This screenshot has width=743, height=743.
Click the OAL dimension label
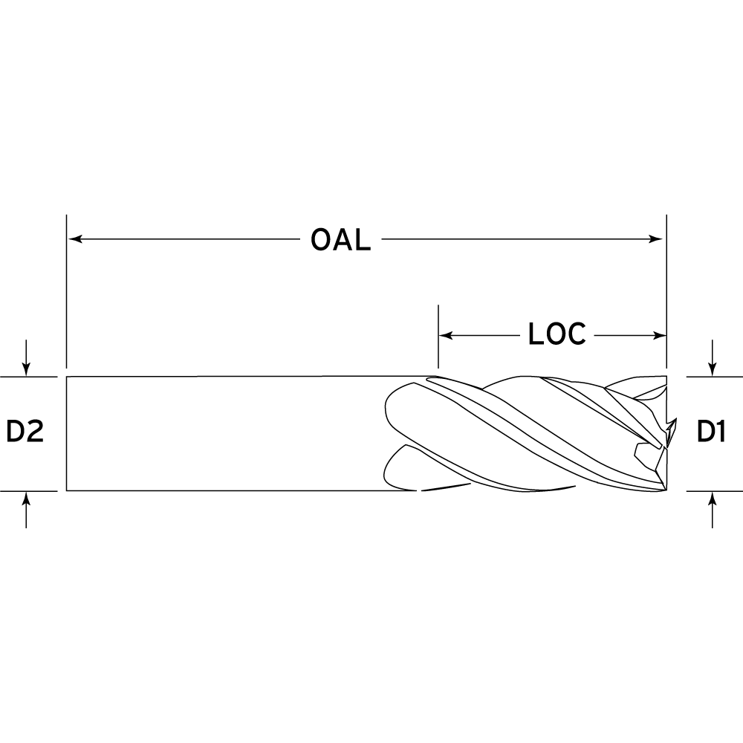(x=341, y=240)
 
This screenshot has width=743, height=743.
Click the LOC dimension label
(x=557, y=334)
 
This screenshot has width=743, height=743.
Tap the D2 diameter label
(x=25, y=432)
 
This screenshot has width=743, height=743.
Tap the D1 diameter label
(x=711, y=432)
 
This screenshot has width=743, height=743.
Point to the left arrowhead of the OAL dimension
(x=75, y=239)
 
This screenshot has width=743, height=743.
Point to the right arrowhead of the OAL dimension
(x=656, y=239)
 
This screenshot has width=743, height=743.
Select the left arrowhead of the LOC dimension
(x=447, y=336)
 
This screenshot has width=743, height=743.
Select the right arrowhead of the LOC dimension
(x=660, y=336)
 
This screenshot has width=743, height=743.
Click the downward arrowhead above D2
(x=26, y=369)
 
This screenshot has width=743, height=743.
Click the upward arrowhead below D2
(x=26, y=499)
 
